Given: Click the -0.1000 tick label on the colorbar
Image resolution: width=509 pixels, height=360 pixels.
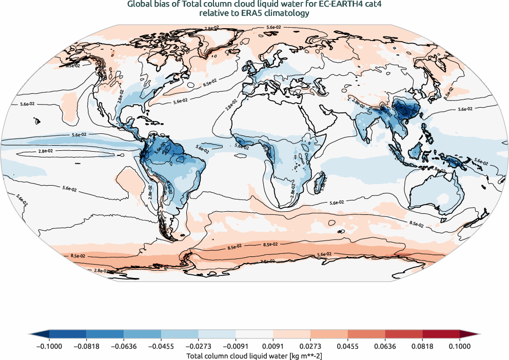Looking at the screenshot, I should (x=49, y=346).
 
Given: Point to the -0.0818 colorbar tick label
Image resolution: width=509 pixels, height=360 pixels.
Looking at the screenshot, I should (x=86, y=346).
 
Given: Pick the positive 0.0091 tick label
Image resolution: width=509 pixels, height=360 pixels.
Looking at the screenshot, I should (x=274, y=346).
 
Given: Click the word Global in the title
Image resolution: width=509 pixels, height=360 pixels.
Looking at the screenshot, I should (x=139, y=5).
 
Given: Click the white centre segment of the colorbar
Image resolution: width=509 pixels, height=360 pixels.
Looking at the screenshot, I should (x=254, y=334).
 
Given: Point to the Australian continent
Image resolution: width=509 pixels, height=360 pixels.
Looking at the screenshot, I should (x=434, y=192).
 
